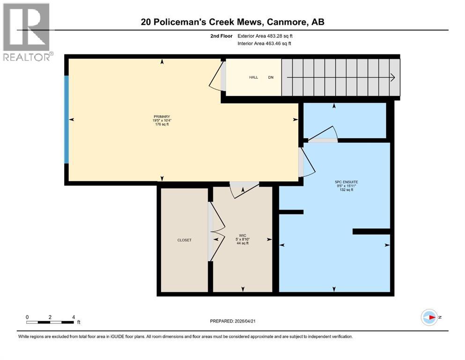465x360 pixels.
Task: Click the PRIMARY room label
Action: (161, 117)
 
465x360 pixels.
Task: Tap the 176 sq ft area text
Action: (161, 124)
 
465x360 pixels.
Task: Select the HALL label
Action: (253, 77)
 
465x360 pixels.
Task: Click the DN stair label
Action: (271, 77)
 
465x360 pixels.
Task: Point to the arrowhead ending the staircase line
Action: (393, 77)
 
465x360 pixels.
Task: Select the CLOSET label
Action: (184, 240)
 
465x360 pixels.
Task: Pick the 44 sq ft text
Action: (243, 243)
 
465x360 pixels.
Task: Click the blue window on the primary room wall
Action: (66, 120)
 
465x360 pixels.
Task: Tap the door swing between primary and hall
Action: (215, 79)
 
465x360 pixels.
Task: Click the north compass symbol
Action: (428, 317)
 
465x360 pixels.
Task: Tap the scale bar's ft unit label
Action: (79, 322)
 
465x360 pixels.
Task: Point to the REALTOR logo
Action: (27, 32)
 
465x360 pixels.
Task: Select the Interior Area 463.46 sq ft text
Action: (265, 44)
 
